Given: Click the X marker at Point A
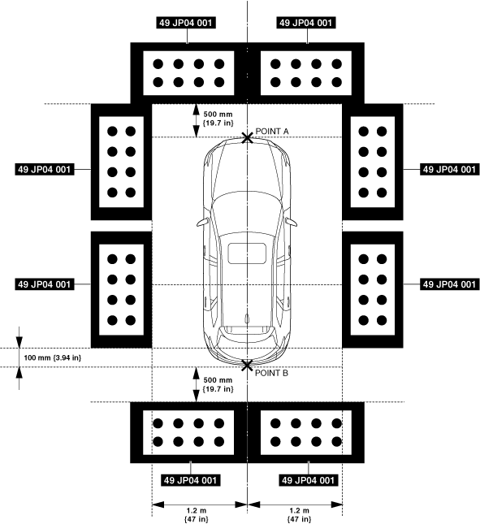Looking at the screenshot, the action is tap(247, 137).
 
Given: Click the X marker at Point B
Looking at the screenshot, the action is tap(247, 366).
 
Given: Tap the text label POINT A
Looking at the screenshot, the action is tap(272, 132).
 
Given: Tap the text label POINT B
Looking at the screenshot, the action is tap(271, 373).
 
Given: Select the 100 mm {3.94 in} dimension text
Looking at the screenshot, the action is tap(53, 358).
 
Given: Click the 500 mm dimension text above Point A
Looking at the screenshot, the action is tap(218, 119).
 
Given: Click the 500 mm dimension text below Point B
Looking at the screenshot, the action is tap(218, 384).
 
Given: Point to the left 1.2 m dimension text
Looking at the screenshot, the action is tap(197, 515).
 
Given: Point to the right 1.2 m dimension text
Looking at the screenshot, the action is tap(300, 515).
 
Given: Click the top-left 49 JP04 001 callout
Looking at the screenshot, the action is tap(186, 23).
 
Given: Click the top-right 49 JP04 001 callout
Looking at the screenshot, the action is tap(306, 23).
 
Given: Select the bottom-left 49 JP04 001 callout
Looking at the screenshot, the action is tap(190, 480).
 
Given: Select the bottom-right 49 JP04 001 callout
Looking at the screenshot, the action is tap(308, 480).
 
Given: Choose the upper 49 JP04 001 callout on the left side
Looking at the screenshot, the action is tap(45, 170).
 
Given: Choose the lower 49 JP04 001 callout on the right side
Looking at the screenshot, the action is tap(449, 284).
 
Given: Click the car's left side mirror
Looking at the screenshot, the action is tap(202, 222).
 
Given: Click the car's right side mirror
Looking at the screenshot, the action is tap(292, 222).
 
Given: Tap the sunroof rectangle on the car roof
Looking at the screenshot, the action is tap(247, 253).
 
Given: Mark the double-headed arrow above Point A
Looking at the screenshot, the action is tap(197, 120).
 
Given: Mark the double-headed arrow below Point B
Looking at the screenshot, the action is tap(197, 384).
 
